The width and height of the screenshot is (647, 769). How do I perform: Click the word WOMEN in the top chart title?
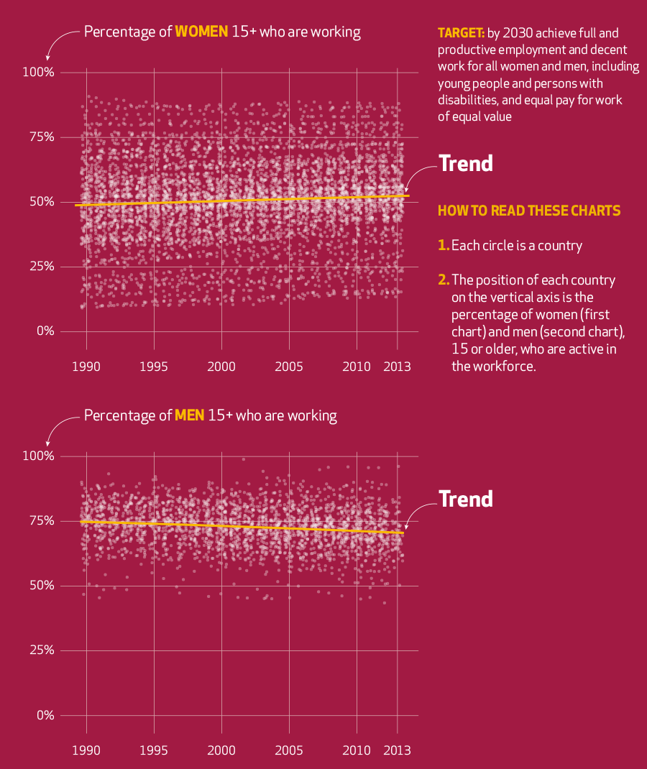click(202, 32)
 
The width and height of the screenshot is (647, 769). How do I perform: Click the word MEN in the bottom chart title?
click(190, 415)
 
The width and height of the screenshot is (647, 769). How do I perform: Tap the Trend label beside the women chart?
click(466, 163)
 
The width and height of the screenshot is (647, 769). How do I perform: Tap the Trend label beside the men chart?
click(466, 499)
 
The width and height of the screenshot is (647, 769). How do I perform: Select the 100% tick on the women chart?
click(39, 73)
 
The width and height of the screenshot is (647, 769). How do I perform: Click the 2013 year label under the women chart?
click(397, 367)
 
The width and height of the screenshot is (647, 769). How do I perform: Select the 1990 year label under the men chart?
click(86, 750)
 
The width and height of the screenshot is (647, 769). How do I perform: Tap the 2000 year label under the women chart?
click(221, 367)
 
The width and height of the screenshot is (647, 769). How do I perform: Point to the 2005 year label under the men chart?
click(289, 750)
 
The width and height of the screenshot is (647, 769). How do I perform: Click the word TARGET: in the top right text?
click(461, 33)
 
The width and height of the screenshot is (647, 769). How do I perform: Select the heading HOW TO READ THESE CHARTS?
click(529, 211)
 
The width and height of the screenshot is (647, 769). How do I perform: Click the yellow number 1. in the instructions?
click(444, 246)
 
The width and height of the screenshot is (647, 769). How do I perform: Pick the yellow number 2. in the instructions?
click(444, 280)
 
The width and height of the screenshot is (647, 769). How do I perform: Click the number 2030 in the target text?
click(518, 33)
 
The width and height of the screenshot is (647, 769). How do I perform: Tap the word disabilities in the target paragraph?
click(467, 100)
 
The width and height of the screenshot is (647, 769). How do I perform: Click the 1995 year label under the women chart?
click(154, 367)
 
